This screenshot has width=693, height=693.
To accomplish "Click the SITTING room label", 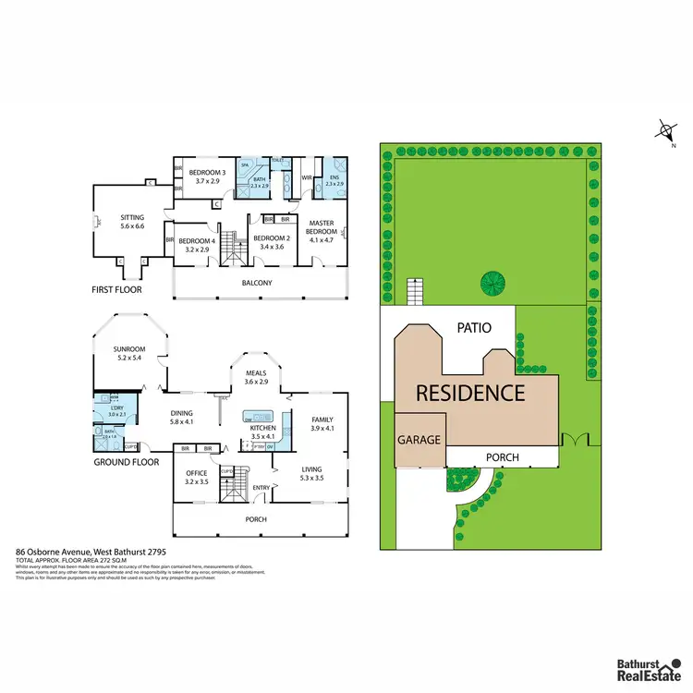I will [x=132, y=217].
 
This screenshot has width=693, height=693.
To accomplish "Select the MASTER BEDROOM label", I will [x=322, y=223].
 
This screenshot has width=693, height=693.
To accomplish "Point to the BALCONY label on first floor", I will [x=257, y=283].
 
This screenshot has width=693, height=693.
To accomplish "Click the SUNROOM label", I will [x=129, y=349].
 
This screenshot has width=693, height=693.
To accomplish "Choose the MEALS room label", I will [x=256, y=373].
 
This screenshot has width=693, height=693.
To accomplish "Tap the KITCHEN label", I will [x=263, y=428].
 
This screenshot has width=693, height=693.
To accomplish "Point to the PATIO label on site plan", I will [x=472, y=327].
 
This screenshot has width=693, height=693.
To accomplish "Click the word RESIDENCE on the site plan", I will [x=469, y=392].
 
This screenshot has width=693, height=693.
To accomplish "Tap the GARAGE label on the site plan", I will [x=419, y=441].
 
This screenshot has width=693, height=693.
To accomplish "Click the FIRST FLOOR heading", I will [x=117, y=288].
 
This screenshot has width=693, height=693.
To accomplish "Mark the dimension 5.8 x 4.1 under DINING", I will [x=181, y=422].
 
